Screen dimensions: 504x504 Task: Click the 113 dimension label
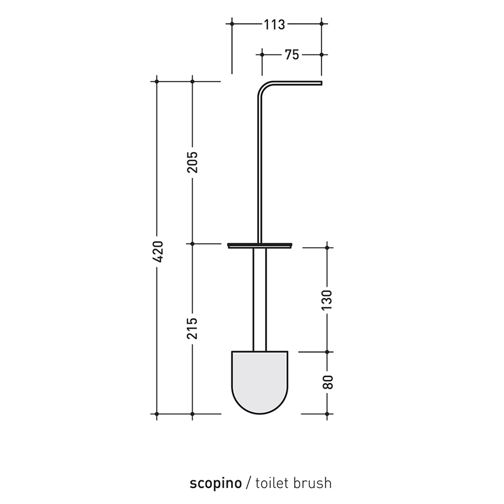[x=274, y=24]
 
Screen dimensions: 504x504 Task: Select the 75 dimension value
[x=292, y=55]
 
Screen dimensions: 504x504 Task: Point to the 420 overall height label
[x=158, y=251]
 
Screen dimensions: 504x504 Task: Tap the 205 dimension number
[x=193, y=162]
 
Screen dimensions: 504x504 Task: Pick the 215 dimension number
[x=193, y=328]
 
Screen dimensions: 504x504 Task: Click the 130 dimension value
[x=327, y=300]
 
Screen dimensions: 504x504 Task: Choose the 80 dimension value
[x=327, y=382]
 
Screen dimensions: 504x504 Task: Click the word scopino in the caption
[x=216, y=483]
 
